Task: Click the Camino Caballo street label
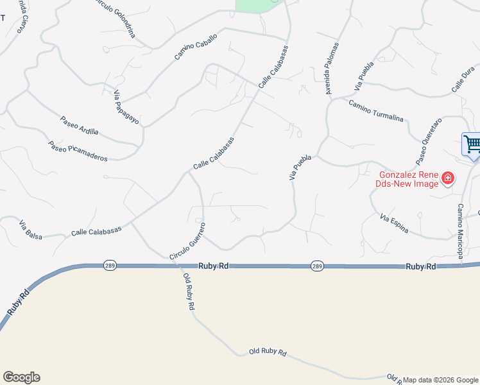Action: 196,47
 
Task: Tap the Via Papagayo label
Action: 127,108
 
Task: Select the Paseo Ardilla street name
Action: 80,126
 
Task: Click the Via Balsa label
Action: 31,230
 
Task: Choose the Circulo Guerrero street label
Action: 187,241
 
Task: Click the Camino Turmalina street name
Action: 376,111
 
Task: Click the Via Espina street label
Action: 394,225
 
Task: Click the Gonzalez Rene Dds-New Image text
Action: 408,178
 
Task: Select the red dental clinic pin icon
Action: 448,178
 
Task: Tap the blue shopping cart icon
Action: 472,144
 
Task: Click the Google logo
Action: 21,377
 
